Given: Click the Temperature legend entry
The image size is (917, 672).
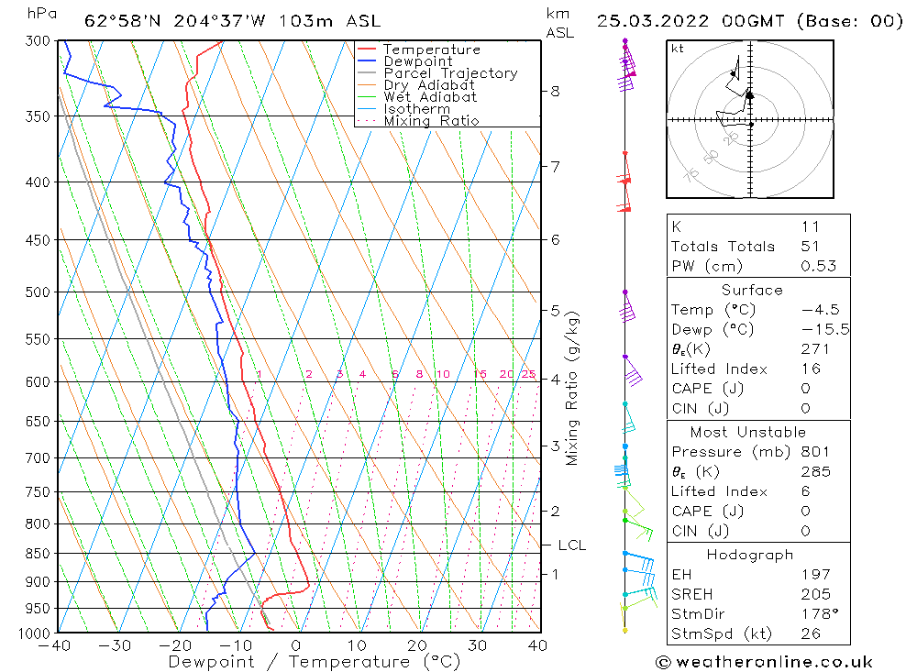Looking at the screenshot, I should tap(431, 50).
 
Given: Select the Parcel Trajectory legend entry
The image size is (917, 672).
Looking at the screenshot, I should tap(450, 73).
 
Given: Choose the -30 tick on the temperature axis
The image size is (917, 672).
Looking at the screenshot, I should tap(116, 645).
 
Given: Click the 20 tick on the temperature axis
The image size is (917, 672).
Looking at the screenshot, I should tap(417, 645).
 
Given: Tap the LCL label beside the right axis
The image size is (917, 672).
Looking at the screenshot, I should tap(571, 545).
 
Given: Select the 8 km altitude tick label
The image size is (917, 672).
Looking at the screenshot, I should tap(555, 91).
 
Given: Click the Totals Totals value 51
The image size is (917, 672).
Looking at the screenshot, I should tap(810, 247).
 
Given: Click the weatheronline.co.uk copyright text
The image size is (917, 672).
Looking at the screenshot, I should tap(764, 662).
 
